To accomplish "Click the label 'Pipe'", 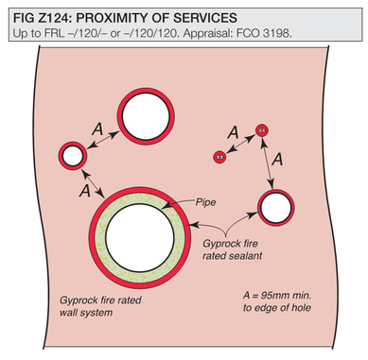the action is point(205,202).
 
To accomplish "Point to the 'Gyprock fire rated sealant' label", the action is point(232,249).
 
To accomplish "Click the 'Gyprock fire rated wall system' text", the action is point(100,306).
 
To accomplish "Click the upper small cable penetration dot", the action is point(262,130).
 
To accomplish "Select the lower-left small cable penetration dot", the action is point(219,157).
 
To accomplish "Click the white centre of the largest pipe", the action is point(140,237).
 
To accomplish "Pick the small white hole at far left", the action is point(73,156).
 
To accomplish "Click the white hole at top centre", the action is point(146,116).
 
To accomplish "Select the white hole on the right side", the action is point(276,208).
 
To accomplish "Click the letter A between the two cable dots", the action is point(233,132).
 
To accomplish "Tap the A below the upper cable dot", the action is point(277,159).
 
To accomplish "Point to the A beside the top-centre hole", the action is point(97,129).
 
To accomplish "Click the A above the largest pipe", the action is point(85,191).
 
